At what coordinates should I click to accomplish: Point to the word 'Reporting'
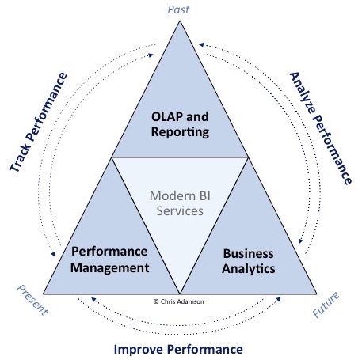[181, 131]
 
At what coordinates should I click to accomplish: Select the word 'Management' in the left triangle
[110, 267]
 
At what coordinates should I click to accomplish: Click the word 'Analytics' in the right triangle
[249, 269]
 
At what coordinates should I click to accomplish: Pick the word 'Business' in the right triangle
[249, 254]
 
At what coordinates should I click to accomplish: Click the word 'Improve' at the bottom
[141, 348]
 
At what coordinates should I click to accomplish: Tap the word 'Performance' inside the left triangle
[110, 252]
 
